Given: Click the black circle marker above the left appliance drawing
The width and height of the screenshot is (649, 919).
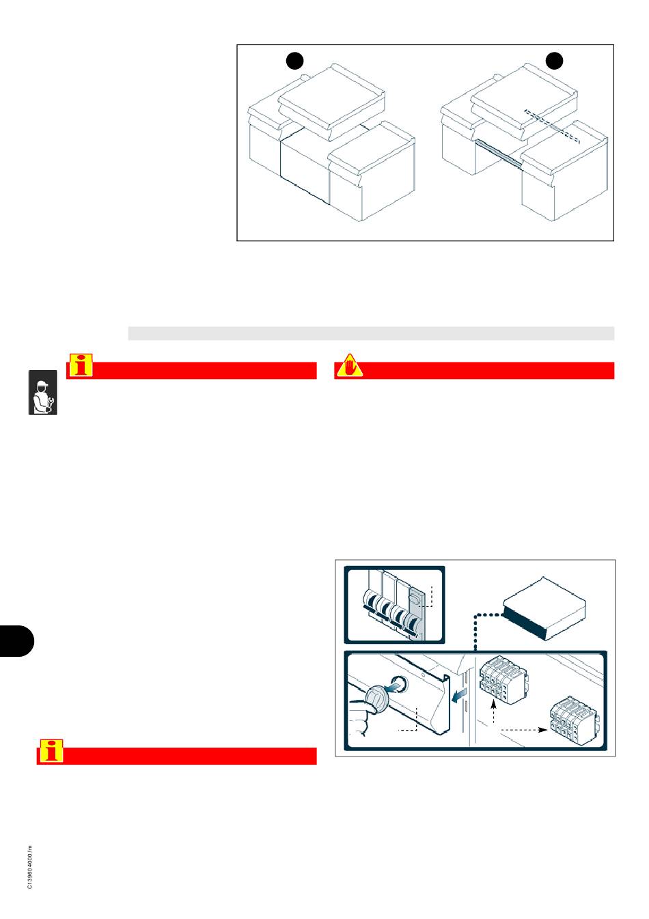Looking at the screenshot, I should [x=294, y=61].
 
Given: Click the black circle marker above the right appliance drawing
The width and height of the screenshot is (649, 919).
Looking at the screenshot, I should [x=554, y=61].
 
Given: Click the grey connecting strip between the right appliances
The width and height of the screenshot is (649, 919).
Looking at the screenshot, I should [x=499, y=154].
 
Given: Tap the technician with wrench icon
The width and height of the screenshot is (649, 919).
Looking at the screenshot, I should [x=42, y=393].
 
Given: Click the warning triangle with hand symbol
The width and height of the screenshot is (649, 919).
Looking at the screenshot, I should [x=348, y=367].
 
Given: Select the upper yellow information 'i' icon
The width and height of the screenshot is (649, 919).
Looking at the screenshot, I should [x=81, y=367].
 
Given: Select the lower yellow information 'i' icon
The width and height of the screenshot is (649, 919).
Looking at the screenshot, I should [x=51, y=751].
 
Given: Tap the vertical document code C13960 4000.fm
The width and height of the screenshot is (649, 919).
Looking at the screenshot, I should [x=30, y=868].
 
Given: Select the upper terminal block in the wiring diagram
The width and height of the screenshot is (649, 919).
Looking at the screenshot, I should [x=504, y=679].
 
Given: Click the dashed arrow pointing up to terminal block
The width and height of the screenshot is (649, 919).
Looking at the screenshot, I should [x=493, y=713].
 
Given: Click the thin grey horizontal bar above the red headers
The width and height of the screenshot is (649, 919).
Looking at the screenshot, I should [x=371, y=333].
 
